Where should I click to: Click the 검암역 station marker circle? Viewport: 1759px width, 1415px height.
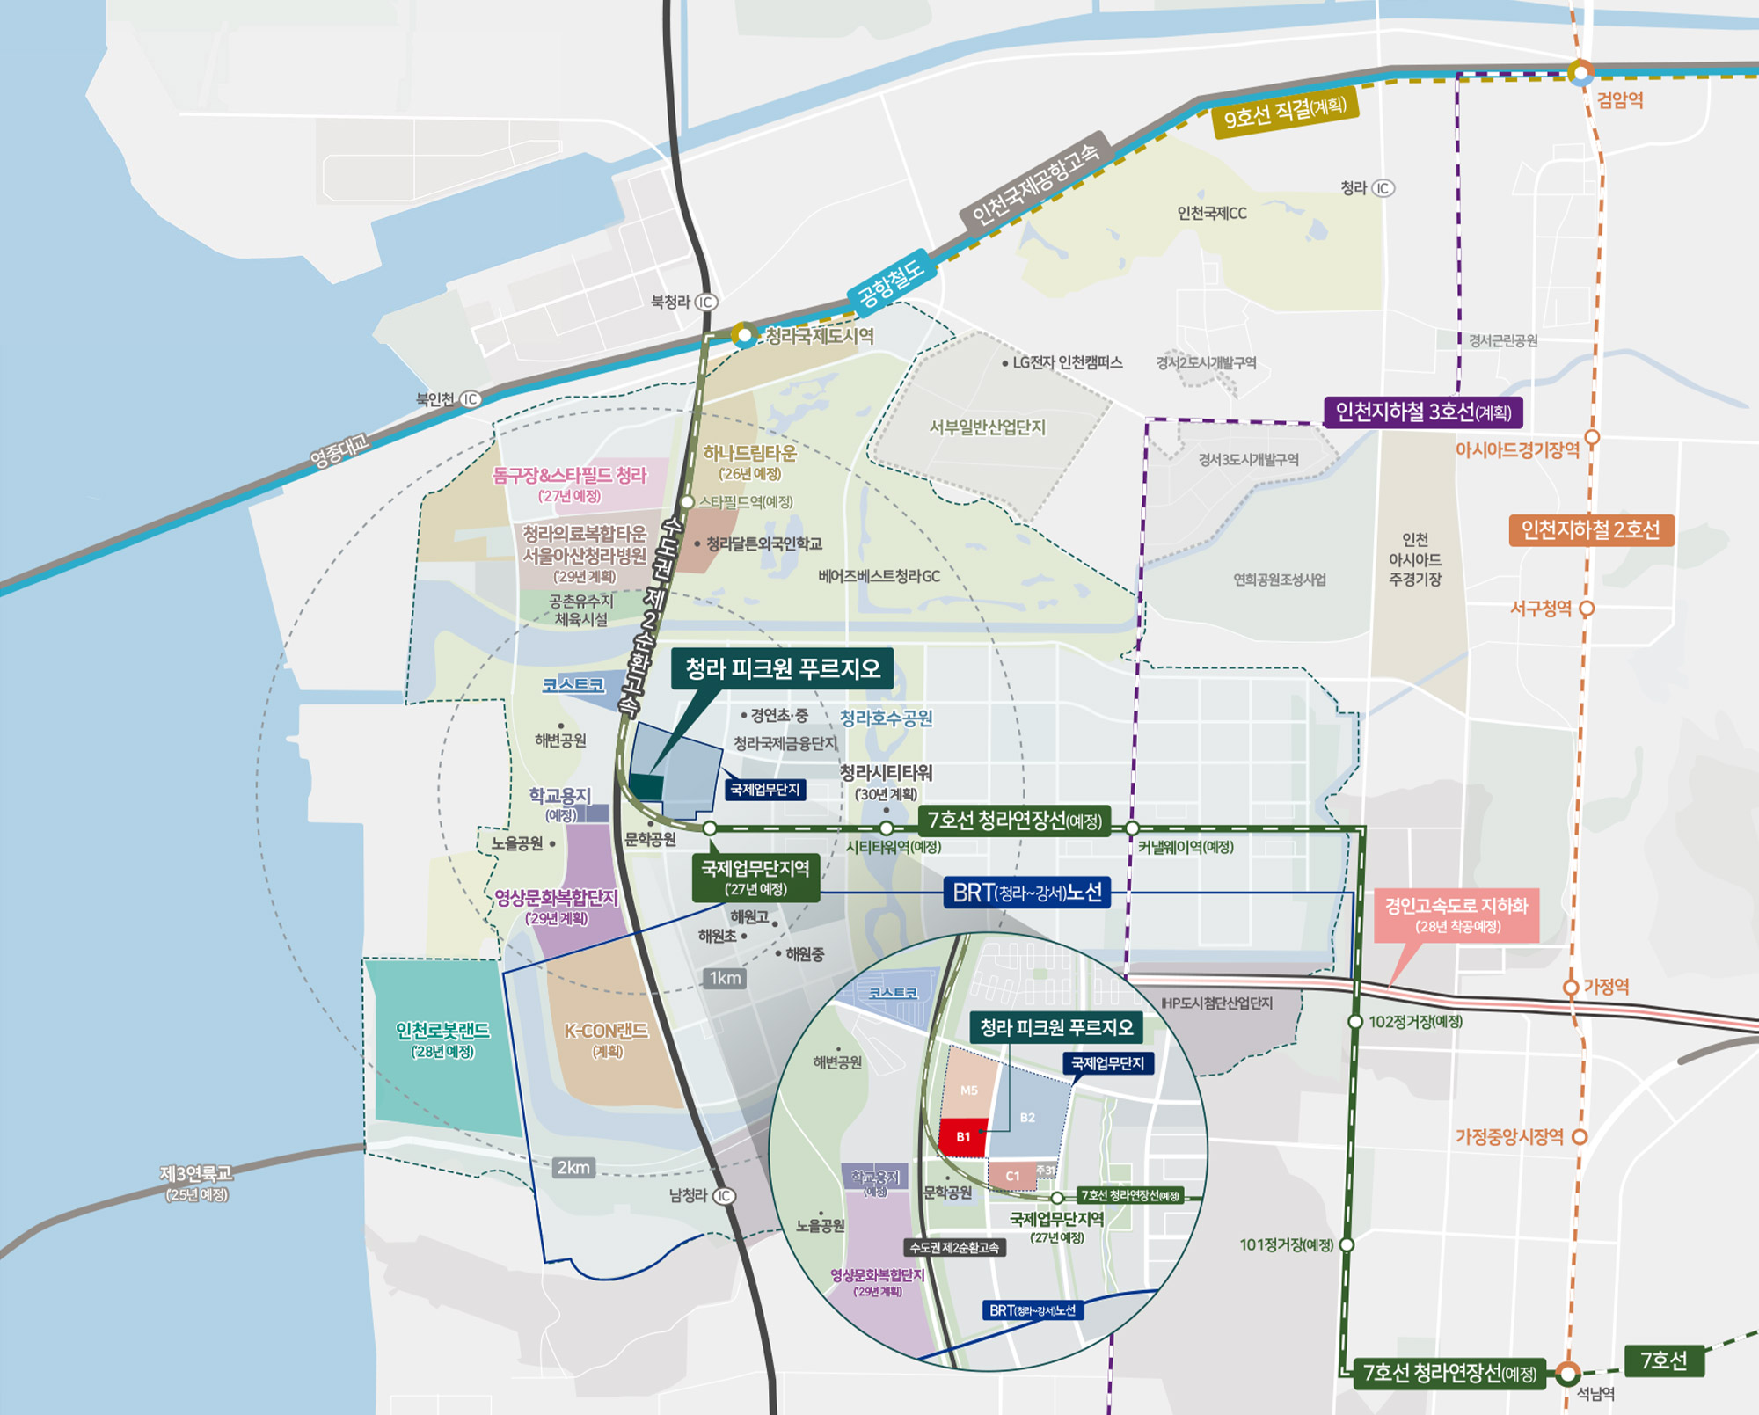click(1580, 72)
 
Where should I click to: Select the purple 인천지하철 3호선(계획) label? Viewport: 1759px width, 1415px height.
click(1423, 412)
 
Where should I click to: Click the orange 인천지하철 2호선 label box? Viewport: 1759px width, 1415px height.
click(1590, 529)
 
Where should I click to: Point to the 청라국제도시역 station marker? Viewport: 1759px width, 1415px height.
click(745, 334)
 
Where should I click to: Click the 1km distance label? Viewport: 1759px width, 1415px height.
click(725, 978)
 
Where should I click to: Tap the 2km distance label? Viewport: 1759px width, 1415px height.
click(573, 1168)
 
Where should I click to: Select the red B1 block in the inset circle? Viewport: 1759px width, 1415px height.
click(963, 1136)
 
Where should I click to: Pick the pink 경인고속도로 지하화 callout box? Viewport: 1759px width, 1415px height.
click(1456, 915)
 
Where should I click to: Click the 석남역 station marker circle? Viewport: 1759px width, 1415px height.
click(1567, 1372)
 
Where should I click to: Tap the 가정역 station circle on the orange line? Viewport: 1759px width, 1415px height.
click(1571, 988)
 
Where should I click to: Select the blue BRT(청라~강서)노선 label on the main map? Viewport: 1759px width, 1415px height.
click(1026, 893)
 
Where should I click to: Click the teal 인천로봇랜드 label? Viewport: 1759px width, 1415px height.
click(442, 1039)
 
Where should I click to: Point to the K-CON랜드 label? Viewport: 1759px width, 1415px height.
click(606, 1039)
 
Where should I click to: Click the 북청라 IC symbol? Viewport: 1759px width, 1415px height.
click(706, 303)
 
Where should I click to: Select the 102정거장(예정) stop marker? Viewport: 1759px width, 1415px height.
click(1355, 1022)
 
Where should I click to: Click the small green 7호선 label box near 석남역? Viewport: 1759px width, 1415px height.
click(1664, 1360)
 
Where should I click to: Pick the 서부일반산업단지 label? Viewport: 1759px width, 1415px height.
click(988, 427)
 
